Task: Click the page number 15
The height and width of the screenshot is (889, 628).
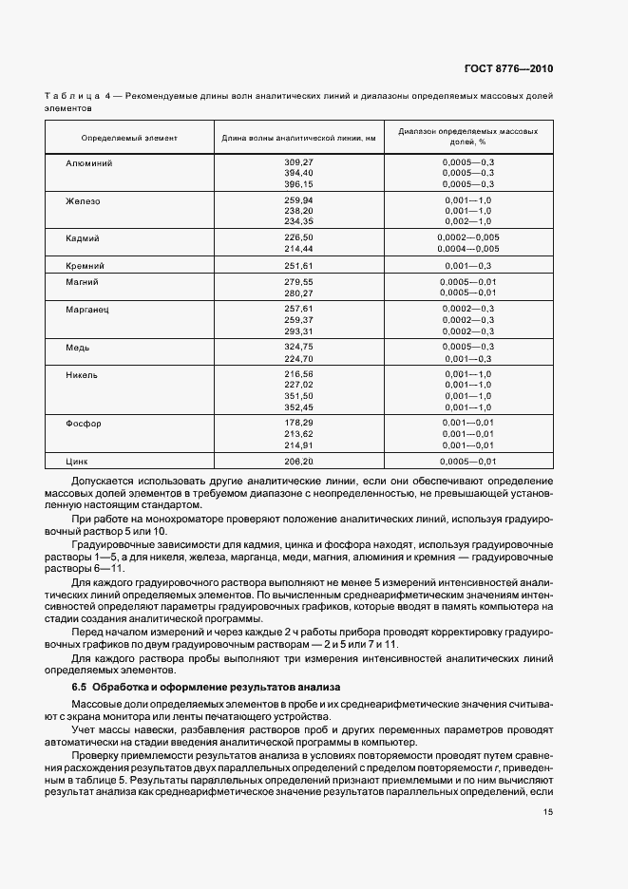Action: click(x=548, y=811)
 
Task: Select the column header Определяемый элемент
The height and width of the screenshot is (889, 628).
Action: click(x=129, y=139)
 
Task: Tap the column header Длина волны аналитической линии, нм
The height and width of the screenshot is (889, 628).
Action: click(x=298, y=139)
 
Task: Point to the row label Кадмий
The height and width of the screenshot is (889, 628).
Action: click(x=83, y=237)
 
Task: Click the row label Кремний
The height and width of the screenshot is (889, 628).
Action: click(x=85, y=265)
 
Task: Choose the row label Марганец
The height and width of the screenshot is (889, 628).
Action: click(x=87, y=310)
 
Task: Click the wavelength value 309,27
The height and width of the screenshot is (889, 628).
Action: click(x=298, y=163)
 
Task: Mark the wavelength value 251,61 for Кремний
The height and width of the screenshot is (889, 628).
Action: click(x=298, y=265)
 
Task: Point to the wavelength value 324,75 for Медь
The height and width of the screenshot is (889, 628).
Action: click(x=298, y=348)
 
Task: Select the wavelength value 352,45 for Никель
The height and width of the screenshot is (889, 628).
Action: click(x=298, y=407)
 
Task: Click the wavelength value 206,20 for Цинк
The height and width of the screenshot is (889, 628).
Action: click(x=298, y=461)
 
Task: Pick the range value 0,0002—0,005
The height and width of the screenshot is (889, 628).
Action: click(x=467, y=237)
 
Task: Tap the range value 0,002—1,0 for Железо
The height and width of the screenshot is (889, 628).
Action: click(x=467, y=221)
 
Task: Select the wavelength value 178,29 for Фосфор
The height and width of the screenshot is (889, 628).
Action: click(x=298, y=423)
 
